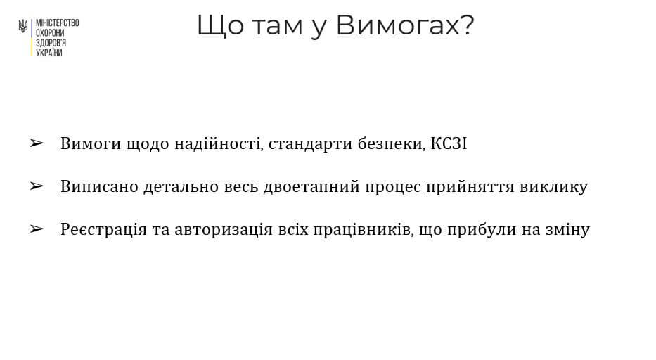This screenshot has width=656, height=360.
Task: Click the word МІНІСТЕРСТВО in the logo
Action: tap(57, 23)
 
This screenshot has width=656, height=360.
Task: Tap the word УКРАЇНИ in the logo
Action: tap(49, 53)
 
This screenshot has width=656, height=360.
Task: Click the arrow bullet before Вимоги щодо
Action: tap(37, 144)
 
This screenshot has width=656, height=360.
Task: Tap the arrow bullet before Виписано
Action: tap(37, 186)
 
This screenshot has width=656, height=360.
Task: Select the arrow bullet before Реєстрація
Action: tap(37, 229)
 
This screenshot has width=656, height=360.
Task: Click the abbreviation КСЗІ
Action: tap(449, 144)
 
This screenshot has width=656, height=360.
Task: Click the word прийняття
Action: tap(474, 187)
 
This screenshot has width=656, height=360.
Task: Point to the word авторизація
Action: tap(203, 230)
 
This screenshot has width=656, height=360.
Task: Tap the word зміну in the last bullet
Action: tap(567, 230)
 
